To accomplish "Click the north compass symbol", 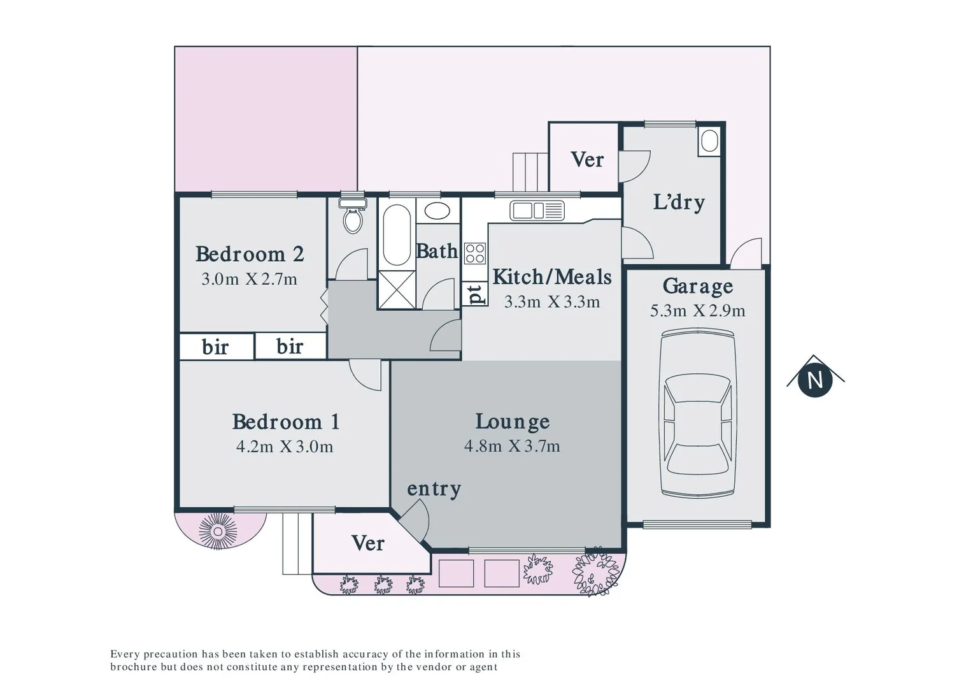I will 815,380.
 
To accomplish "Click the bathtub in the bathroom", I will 397,234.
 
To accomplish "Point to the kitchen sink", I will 537,210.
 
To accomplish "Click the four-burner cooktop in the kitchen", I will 475,253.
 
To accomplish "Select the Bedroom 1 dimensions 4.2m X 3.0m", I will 284,447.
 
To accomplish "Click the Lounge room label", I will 512,422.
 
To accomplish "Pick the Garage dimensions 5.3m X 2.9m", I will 697,311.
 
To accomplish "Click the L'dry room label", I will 679,202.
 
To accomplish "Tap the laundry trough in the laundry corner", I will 709,141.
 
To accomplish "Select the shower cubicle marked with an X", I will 396,290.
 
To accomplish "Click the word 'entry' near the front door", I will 434,489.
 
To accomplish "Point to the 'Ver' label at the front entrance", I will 367,543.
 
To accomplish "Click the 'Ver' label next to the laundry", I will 586,159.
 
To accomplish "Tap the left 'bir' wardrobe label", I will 215,347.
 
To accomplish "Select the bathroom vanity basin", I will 437,211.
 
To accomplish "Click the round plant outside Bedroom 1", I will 218,531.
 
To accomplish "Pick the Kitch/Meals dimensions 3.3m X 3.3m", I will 551,302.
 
